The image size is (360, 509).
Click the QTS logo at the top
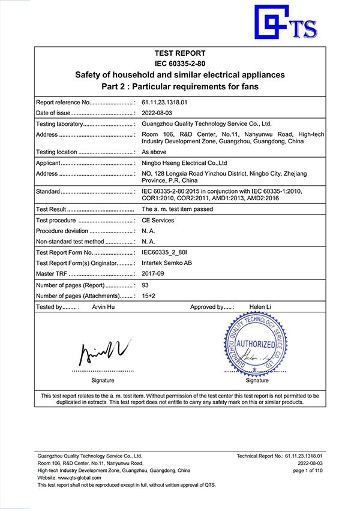pos(286,23)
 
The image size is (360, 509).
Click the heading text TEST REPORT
pos(179,53)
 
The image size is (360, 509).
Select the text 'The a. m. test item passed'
pos(177,210)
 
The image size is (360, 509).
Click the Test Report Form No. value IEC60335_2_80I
pos(164,252)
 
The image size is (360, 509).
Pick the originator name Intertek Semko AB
pos(167,263)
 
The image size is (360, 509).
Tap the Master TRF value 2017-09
pos(153,274)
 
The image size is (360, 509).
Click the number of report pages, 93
pos(145,285)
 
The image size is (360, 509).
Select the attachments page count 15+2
pos(149,296)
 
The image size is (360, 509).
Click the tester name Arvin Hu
pos(104,307)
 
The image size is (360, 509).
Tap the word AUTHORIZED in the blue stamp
pos(256,345)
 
